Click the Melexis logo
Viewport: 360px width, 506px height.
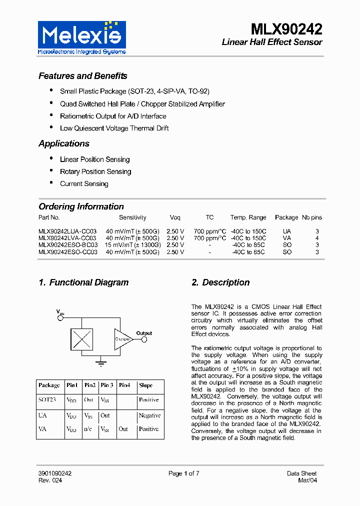(x=82, y=37)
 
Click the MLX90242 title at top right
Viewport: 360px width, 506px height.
(x=286, y=28)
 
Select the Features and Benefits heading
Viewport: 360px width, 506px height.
(x=83, y=76)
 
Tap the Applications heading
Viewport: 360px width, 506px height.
(x=64, y=143)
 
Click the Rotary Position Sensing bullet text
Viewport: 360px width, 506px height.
(x=95, y=171)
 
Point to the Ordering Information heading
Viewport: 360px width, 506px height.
(x=81, y=206)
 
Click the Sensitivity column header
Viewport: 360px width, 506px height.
(x=132, y=217)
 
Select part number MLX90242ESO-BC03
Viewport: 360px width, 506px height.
(x=68, y=245)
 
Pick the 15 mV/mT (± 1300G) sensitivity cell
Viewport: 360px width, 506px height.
(x=132, y=245)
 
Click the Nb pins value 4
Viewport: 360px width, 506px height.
(x=317, y=238)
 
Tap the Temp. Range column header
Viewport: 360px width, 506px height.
(x=248, y=217)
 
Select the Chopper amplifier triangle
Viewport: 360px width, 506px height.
(x=122, y=339)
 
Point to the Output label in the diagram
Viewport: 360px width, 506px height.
(x=144, y=333)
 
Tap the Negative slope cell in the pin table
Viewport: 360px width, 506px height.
(x=149, y=415)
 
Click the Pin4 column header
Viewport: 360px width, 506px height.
(x=124, y=385)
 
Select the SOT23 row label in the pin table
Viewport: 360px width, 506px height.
(x=47, y=400)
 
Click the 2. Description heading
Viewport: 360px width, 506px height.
(x=220, y=282)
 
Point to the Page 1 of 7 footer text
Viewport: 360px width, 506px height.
(x=184, y=473)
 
